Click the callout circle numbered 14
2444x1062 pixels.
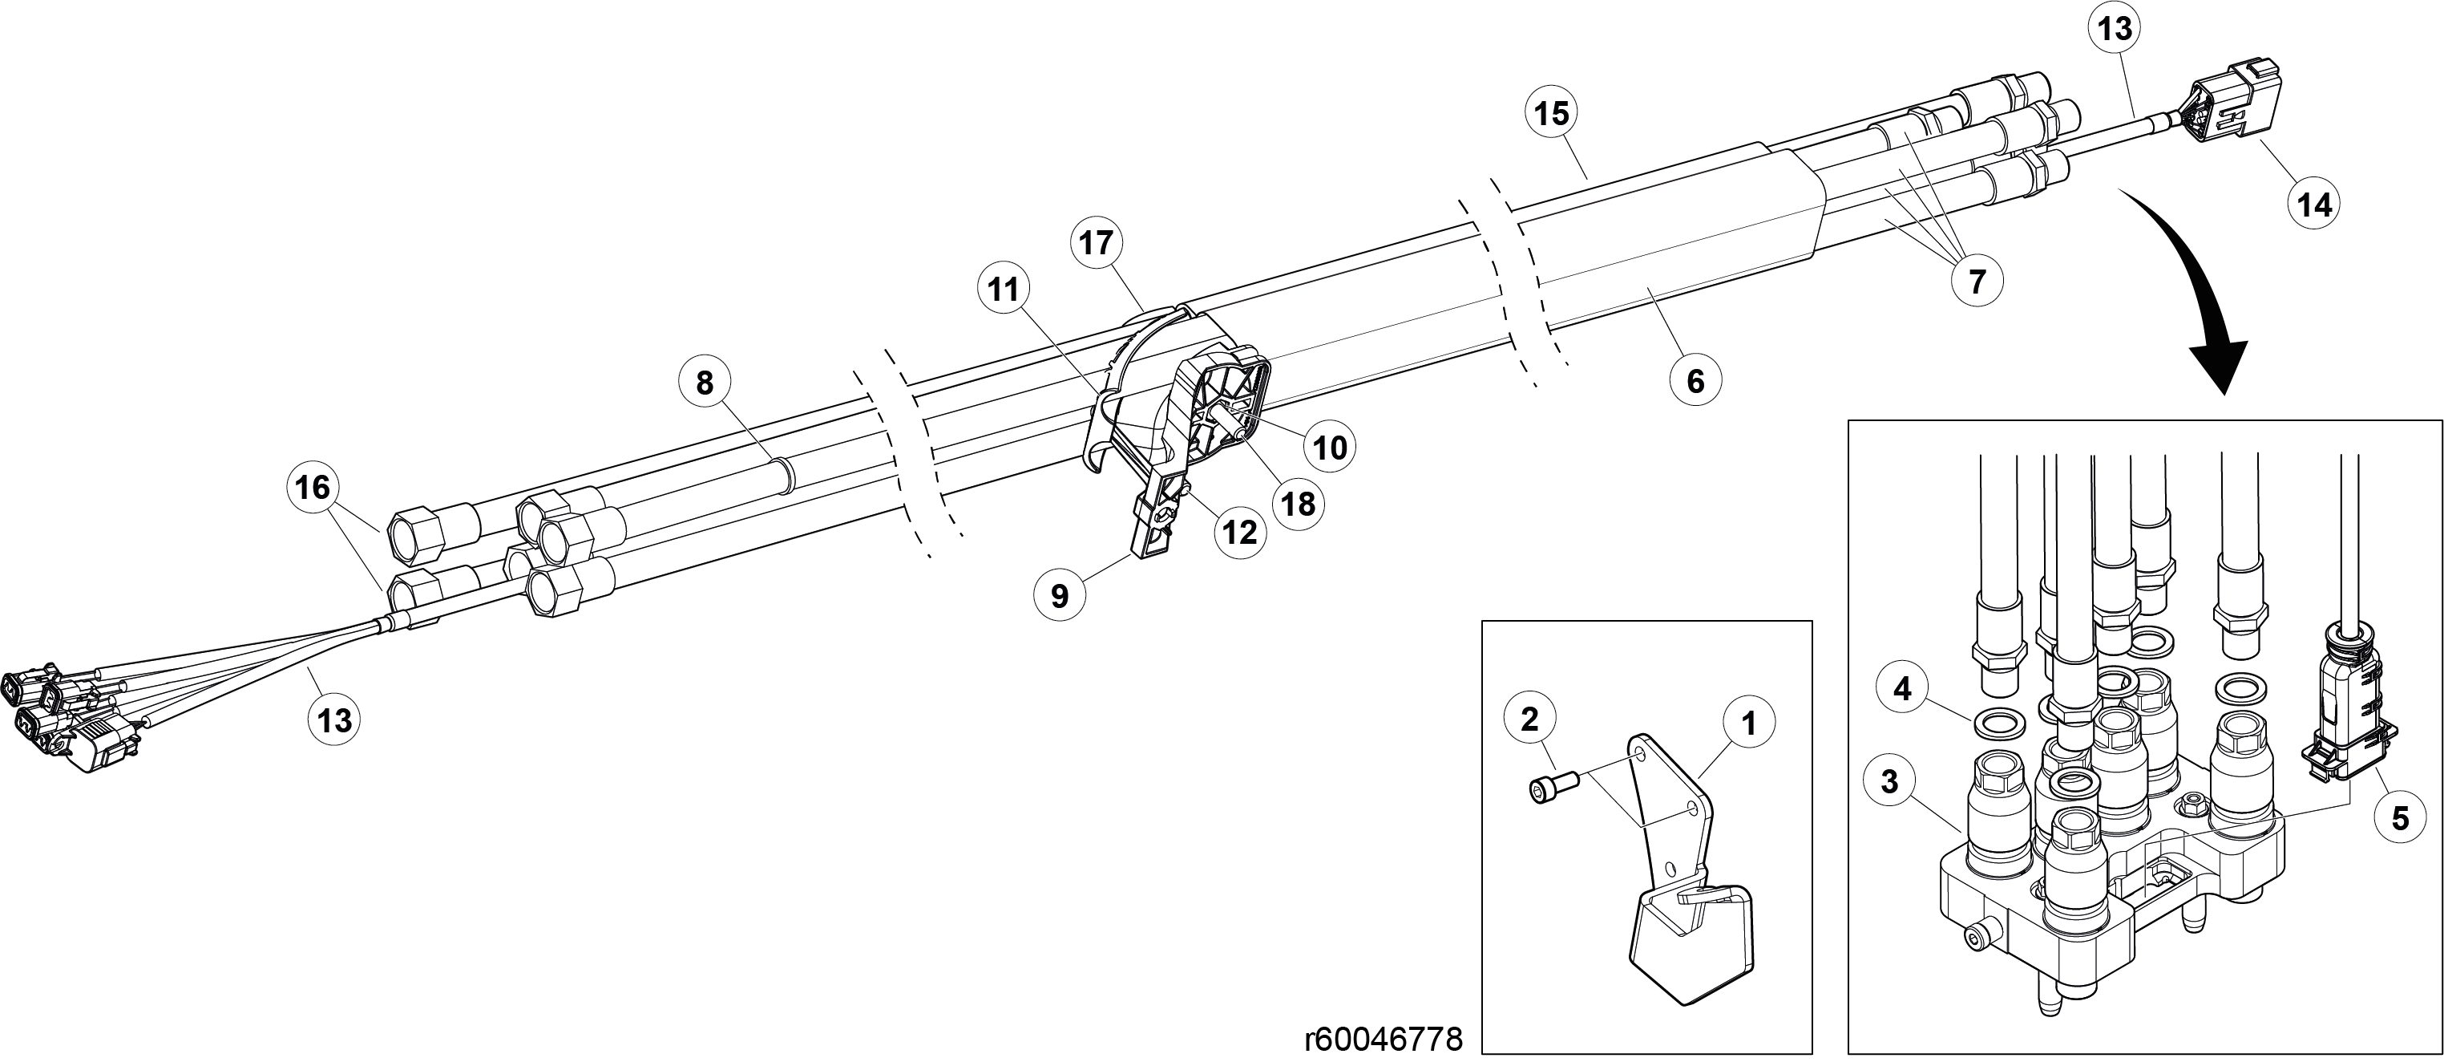pyautogui.click(x=2314, y=204)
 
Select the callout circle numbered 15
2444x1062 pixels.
pyautogui.click(x=1552, y=114)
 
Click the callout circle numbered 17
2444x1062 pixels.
pyautogui.click(x=1096, y=244)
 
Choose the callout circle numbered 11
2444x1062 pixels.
pyautogui.click(x=1004, y=290)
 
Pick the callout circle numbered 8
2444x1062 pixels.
pyautogui.click(x=704, y=383)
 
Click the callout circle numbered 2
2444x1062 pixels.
pyautogui.click(x=1530, y=719)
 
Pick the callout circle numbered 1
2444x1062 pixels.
pyautogui.click(x=1748, y=724)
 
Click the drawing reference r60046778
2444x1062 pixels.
pyautogui.click(x=1384, y=1038)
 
